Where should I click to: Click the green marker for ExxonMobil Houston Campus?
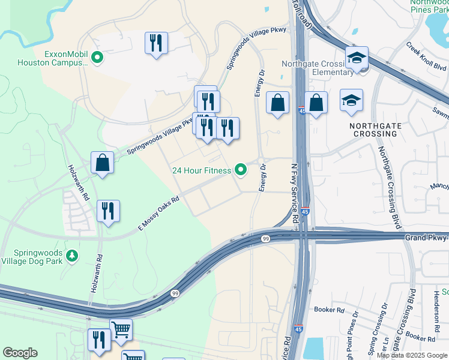click(97, 58)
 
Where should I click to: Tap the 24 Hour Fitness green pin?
click(241, 170)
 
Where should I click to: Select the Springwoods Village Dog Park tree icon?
click(72, 256)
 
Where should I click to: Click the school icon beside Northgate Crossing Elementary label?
click(357, 58)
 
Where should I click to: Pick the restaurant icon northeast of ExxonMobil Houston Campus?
click(156, 43)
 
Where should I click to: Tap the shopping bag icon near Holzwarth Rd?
click(103, 163)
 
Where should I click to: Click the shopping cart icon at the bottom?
click(121, 330)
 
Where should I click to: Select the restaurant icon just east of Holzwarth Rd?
click(108, 211)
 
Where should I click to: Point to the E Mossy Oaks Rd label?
click(159, 214)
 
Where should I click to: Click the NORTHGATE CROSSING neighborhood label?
click(373, 130)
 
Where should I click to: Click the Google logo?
click(20, 353)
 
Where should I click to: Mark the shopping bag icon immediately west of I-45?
click(277, 103)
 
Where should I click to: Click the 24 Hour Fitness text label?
click(201, 171)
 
